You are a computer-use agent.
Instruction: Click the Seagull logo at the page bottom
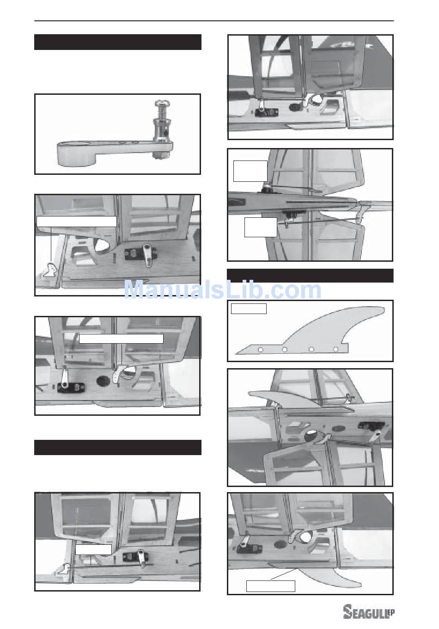[x=369, y=611]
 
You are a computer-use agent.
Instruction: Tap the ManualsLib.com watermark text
[x=222, y=290]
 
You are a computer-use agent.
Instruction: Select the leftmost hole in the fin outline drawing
[x=261, y=350]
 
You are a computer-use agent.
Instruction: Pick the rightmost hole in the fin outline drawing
[x=335, y=349]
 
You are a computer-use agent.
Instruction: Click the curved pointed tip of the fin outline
[x=383, y=309]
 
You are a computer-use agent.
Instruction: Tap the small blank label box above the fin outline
[x=249, y=308]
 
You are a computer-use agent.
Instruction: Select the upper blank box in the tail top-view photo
[x=250, y=171]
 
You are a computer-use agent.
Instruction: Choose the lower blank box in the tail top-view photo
[x=261, y=227]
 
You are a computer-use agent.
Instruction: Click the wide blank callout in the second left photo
[x=77, y=221]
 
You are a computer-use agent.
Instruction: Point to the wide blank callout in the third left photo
[x=121, y=339]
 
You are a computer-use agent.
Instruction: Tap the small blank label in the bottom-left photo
[x=93, y=549]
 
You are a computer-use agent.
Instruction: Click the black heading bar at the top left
[x=118, y=42]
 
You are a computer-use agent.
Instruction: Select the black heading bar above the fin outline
[x=310, y=276]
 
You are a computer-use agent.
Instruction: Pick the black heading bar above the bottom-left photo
[x=118, y=447]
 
